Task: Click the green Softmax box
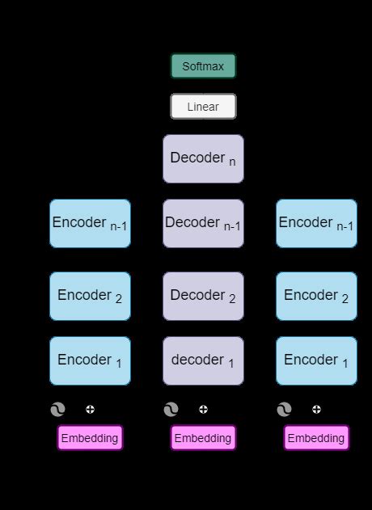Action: point(203,66)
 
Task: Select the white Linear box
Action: point(203,107)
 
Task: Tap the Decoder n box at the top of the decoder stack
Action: point(203,158)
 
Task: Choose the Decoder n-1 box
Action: point(203,223)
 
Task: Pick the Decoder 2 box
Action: point(203,296)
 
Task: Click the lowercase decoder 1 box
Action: point(203,360)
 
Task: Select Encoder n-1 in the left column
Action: point(90,223)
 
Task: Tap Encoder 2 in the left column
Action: point(90,296)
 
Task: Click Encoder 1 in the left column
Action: point(90,360)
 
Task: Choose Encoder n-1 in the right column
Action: point(316,223)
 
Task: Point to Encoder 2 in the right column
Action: point(316,296)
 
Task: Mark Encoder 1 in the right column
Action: point(316,360)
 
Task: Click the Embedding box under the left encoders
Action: point(90,438)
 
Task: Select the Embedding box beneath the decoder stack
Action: point(203,438)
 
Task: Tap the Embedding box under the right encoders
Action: point(316,438)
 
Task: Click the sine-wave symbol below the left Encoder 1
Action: point(57,410)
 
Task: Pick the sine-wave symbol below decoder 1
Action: point(171,410)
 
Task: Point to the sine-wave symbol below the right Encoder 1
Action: point(284,410)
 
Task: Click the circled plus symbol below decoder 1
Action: point(203,410)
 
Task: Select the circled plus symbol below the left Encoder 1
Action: point(90,410)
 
